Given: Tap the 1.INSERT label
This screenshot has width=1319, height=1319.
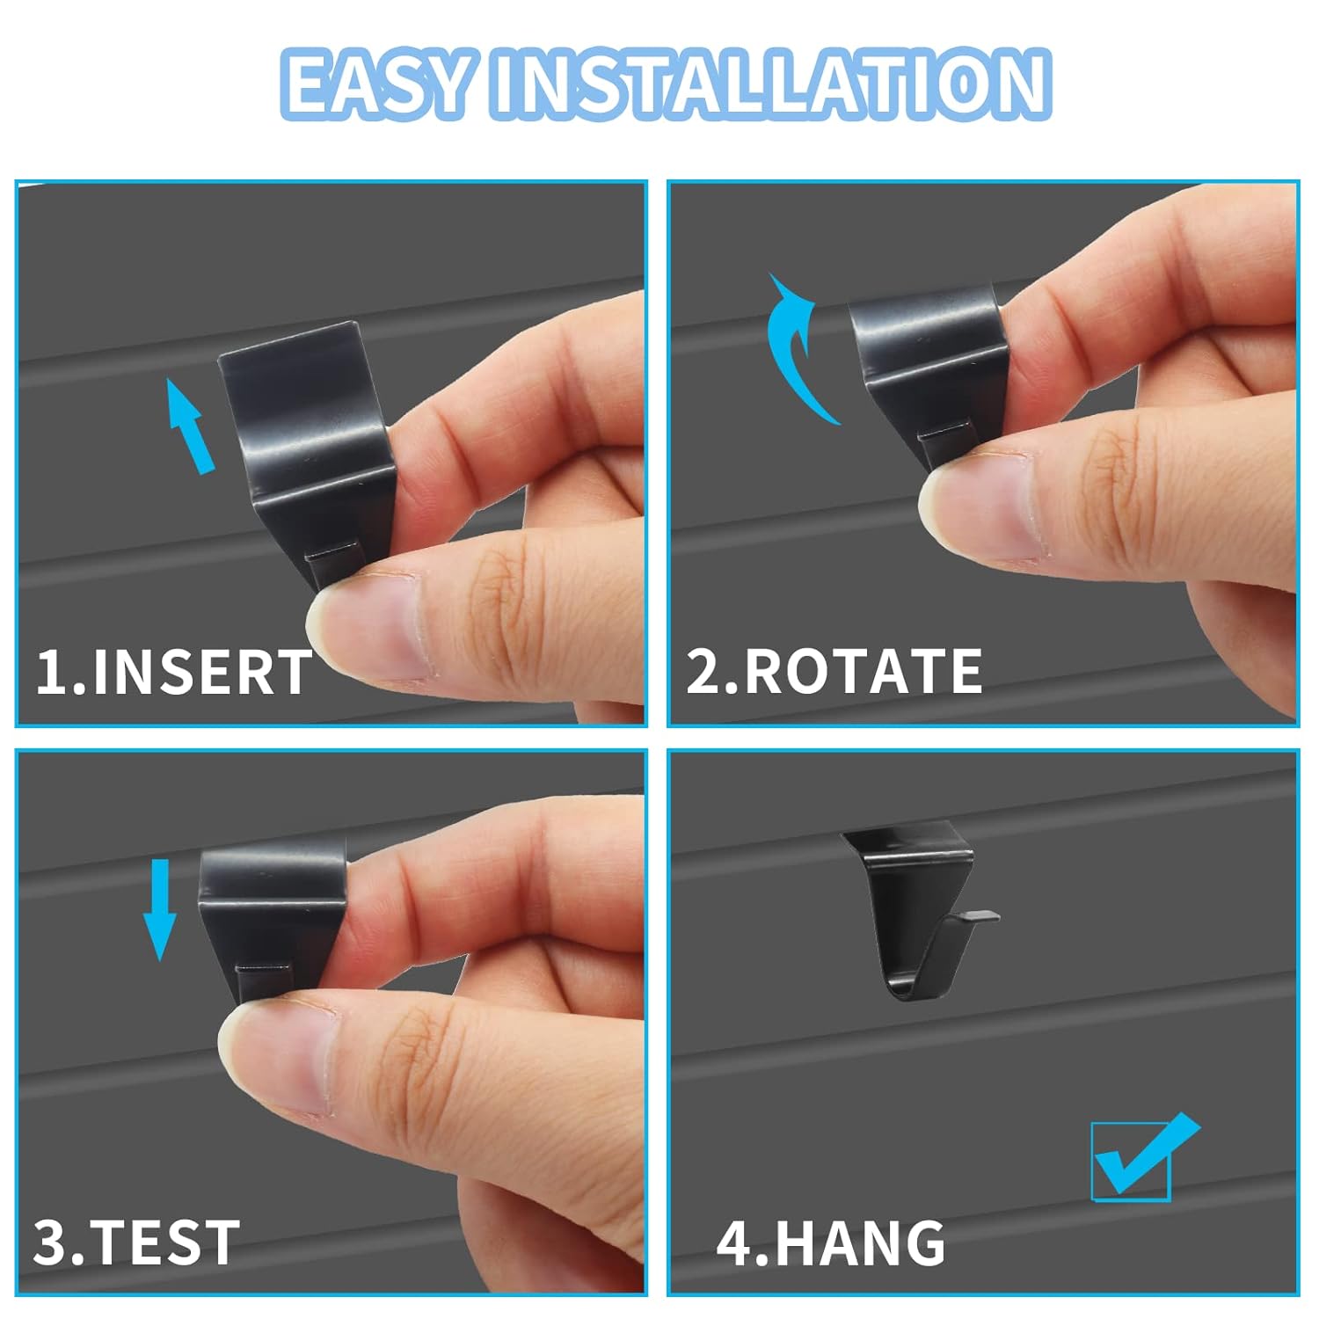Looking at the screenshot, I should coord(174,672).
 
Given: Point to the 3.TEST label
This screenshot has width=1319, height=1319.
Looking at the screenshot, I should coord(136,1242).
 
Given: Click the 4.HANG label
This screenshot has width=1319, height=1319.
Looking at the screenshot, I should coord(831,1242).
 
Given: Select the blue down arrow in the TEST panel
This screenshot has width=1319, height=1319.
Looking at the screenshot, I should coord(160,910).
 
